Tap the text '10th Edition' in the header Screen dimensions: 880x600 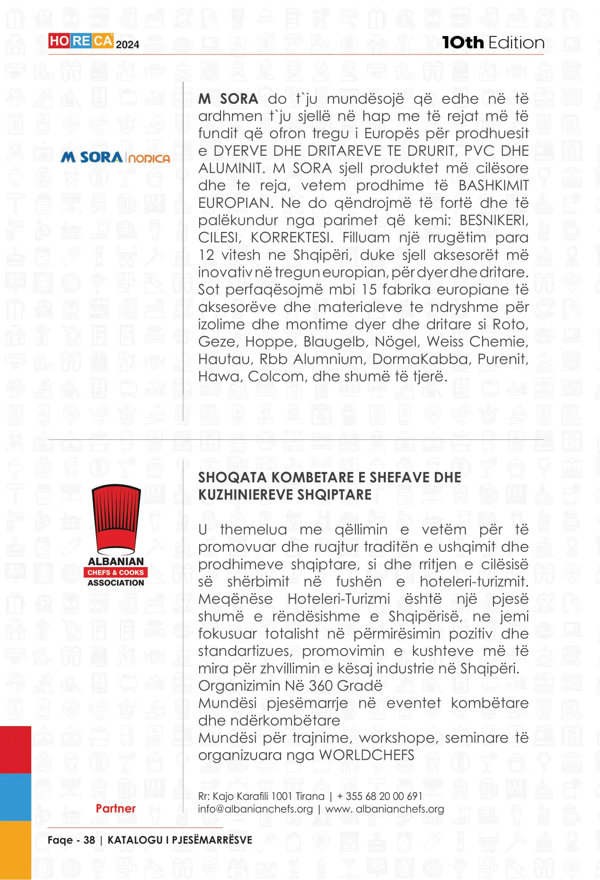pos(493,43)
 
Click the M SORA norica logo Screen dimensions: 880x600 pos(115,157)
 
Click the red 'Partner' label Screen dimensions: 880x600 pos(115,809)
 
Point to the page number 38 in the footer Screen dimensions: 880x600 pos(89,840)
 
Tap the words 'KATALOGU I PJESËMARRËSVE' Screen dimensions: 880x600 pos(180,840)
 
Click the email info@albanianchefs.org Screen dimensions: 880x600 pos(256,809)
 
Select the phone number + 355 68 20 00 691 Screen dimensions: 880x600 pos(379,796)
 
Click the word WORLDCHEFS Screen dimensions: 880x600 pos(367,755)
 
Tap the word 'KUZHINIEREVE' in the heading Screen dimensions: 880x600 pos(246,495)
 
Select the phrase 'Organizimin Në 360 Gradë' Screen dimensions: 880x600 pos(290,686)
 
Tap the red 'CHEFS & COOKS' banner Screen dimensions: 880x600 pos(116,572)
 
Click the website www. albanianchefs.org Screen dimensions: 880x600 pos(385,809)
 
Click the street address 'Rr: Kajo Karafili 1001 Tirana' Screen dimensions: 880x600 pos(261,796)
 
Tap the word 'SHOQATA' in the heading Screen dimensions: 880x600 pos(232,478)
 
